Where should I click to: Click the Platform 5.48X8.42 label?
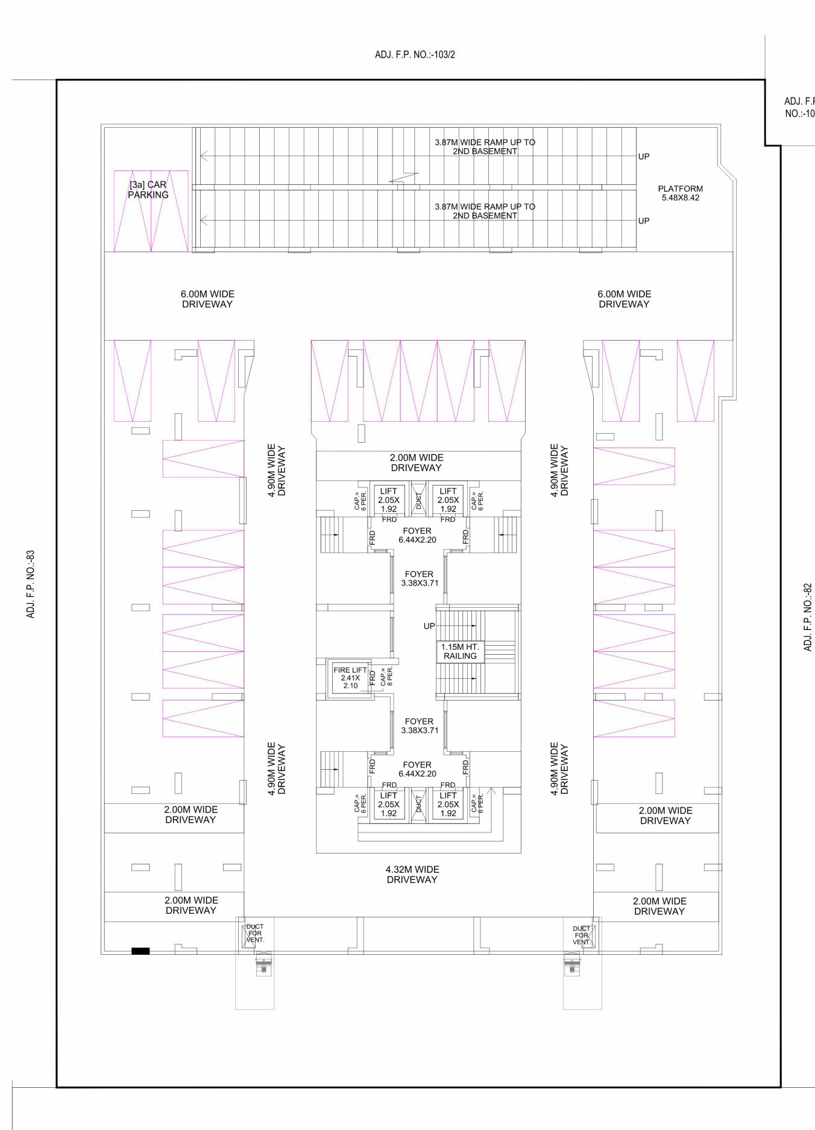pyautogui.click(x=680, y=193)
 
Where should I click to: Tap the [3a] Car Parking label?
pyautogui.click(x=148, y=190)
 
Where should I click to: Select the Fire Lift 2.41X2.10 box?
pyautogui.click(x=350, y=678)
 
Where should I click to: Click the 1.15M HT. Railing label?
pyautogui.click(x=460, y=651)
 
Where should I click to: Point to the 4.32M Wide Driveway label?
pyautogui.click(x=412, y=874)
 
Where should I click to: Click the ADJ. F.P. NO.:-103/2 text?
pyautogui.click(x=415, y=55)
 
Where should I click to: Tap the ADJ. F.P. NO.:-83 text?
pyautogui.click(x=31, y=584)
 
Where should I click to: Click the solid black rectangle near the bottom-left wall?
pyautogui.click(x=140, y=951)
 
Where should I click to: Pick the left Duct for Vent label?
pyautogui.click(x=255, y=933)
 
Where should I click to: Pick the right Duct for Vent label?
pyautogui.click(x=582, y=935)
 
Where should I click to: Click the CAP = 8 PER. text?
pyautogui.click(x=386, y=676)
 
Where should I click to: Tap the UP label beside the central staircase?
pyautogui.click(x=429, y=626)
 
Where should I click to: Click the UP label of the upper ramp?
pyautogui.click(x=644, y=157)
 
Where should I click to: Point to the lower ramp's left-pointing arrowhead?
pyautogui.click(x=203, y=220)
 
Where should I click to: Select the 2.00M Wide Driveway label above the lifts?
pyautogui.click(x=417, y=463)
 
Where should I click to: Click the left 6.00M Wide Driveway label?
pyautogui.click(x=207, y=299)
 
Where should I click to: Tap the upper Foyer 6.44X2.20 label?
pyautogui.click(x=417, y=535)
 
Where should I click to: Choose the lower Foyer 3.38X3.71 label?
pyautogui.click(x=420, y=725)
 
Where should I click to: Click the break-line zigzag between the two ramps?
pyautogui.click(x=404, y=178)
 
